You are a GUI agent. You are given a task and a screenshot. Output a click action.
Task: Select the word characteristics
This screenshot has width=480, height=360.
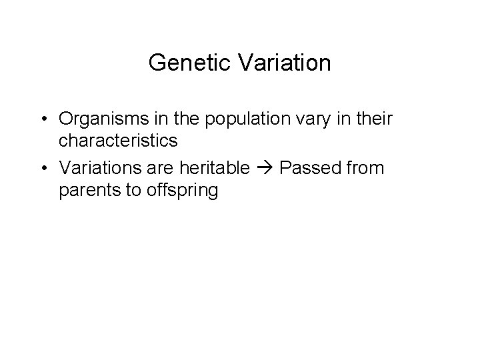click(117, 141)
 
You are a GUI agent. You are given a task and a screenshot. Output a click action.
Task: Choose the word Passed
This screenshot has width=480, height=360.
click(308, 168)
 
